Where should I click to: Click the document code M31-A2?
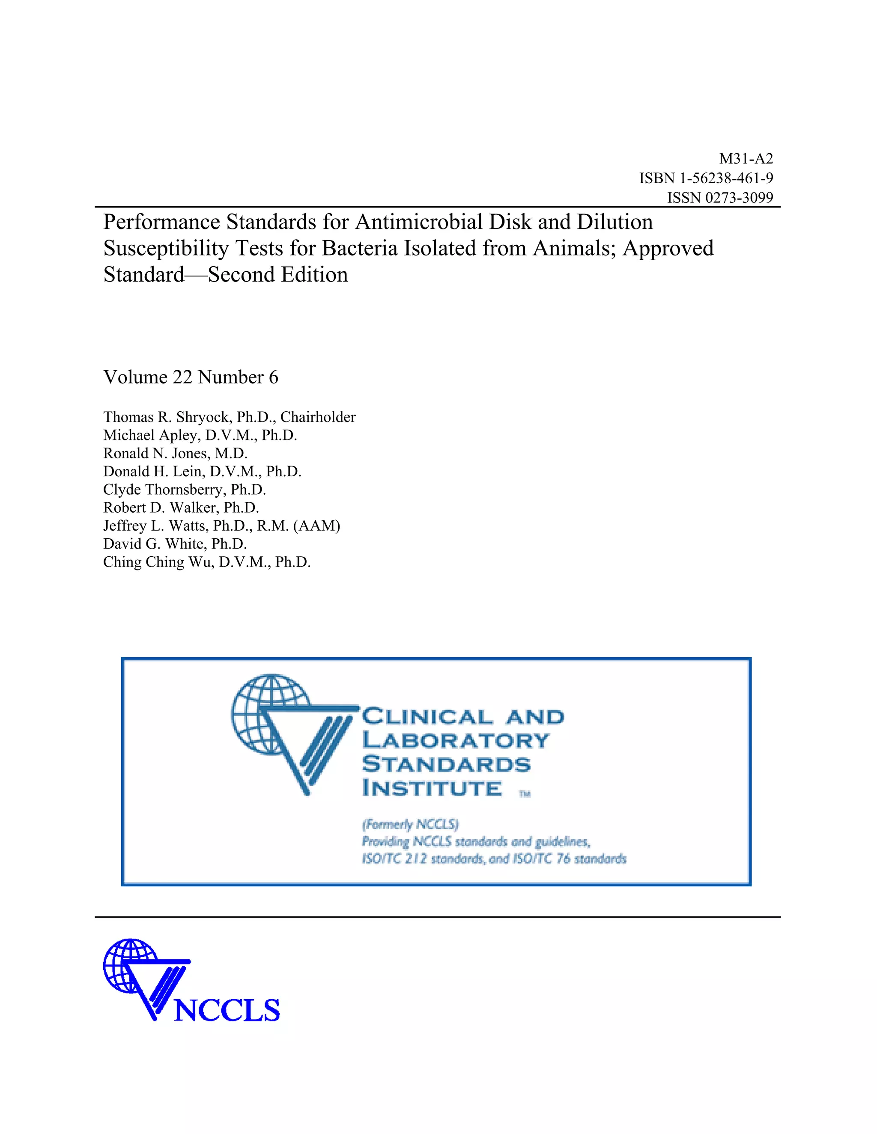(746, 159)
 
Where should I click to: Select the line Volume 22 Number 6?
(191, 377)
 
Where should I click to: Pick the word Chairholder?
(318, 417)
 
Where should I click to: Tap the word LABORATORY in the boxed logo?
(456, 740)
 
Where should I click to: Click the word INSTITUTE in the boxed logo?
(432, 789)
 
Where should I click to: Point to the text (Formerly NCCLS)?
(410, 825)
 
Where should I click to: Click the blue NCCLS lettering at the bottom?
(227, 1010)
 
